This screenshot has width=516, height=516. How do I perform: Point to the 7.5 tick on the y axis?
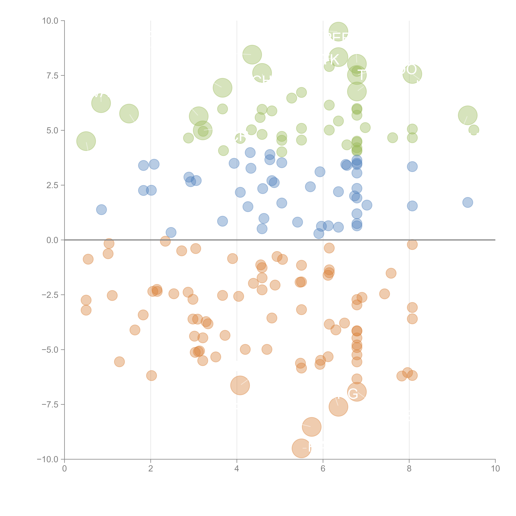(52, 76)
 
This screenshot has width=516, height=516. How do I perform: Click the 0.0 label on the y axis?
(52, 240)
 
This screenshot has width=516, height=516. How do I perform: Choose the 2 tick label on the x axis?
(151, 469)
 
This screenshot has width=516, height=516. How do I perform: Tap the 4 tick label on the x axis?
(237, 469)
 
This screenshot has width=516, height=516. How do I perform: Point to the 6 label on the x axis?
(323, 469)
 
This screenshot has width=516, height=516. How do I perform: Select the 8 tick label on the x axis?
(409, 469)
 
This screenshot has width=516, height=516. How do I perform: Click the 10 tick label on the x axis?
(495, 469)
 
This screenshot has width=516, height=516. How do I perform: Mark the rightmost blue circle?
(467, 202)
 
